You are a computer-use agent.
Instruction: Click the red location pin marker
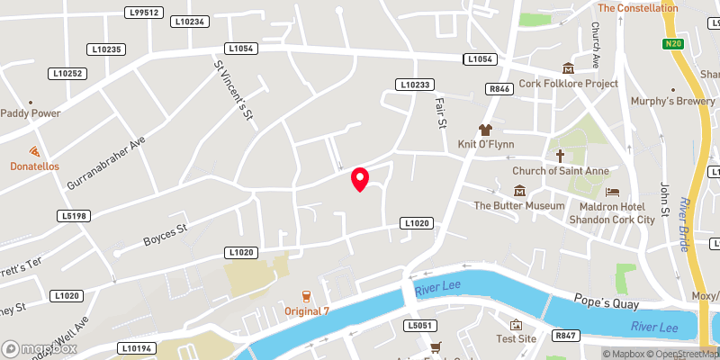(360, 179)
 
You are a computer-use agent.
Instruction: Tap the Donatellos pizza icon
(34, 151)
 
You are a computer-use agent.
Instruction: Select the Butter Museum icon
(519, 190)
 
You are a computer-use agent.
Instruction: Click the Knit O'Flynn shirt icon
(486, 130)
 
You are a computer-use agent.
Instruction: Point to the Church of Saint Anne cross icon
(560, 156)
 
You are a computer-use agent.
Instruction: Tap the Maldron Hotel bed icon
(613, 192)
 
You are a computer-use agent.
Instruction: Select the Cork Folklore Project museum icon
(568, 68)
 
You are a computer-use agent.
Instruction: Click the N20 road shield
(670, 43)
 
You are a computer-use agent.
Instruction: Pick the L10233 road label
(413, 85)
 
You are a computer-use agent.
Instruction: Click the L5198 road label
(74, 216)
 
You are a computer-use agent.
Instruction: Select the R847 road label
(565, 336)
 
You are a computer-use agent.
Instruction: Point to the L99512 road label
(144, 13)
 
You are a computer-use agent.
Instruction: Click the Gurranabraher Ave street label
(105, 163)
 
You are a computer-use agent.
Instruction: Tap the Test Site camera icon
(516, 325)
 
